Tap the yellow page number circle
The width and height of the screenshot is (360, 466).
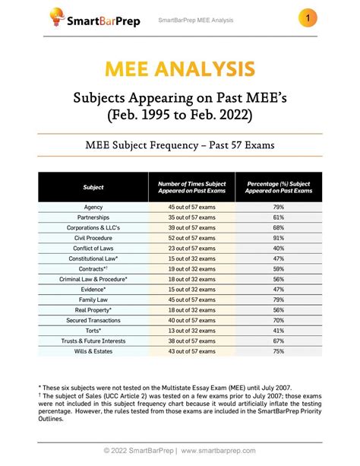[308, 17]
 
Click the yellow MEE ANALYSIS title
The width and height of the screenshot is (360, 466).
[180, 69]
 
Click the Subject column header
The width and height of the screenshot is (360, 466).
[93, 187]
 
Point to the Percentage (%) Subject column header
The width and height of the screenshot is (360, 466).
[278, 187]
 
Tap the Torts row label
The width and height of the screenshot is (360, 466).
[93, 331]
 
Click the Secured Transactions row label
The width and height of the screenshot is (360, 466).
[93, 320]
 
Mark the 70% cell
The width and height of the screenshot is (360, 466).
[278, 320]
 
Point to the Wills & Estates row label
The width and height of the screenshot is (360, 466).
[93, 351]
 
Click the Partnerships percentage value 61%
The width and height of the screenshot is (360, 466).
[278, 217]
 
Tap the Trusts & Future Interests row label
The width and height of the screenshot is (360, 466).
[93, 341]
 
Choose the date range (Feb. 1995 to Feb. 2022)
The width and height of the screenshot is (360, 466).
[180, 114]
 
